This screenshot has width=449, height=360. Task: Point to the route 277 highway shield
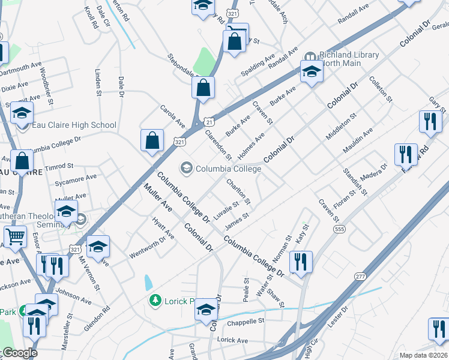point(360,276)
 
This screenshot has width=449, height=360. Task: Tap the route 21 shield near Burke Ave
point(206,121)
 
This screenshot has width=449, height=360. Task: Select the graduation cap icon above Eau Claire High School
point(22,112)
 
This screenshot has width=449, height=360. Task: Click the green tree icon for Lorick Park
point(155,300)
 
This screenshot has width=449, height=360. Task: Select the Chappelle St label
point(245,322)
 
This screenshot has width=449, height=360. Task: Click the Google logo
point(20,353)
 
